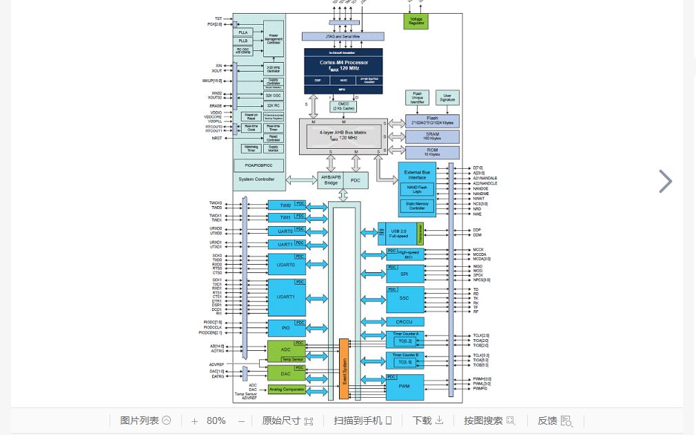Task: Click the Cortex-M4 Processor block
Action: tap(343, 66)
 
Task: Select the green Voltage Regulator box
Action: tap(416, 21)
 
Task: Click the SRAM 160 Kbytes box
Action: tap(431, 136)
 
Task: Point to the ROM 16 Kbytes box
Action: tap(431, 152)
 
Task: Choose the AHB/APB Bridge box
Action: tap(330, 179)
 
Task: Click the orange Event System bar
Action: tap(344, 369)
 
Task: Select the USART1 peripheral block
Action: tap(286, 297)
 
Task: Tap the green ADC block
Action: tap(285, 350)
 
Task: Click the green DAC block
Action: tap(285, 373)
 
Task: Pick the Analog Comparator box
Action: tap(286, 390)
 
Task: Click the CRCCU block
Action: tap(405, 321)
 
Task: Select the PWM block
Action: tap(405, 387)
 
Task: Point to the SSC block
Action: tap(405, 299)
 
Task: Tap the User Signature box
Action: tap(448, 98)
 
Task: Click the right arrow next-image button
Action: tap(665, 181)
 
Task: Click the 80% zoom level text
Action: tap(216, 421)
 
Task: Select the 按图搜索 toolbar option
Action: tap(489, 421)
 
